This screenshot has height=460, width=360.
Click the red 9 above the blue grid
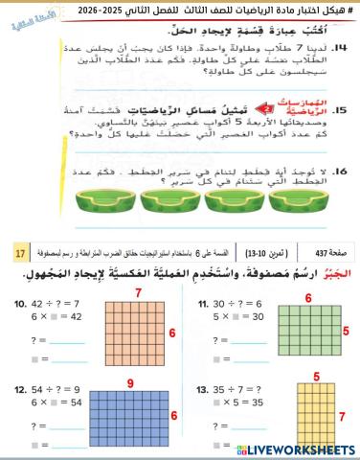click(130, 383)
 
